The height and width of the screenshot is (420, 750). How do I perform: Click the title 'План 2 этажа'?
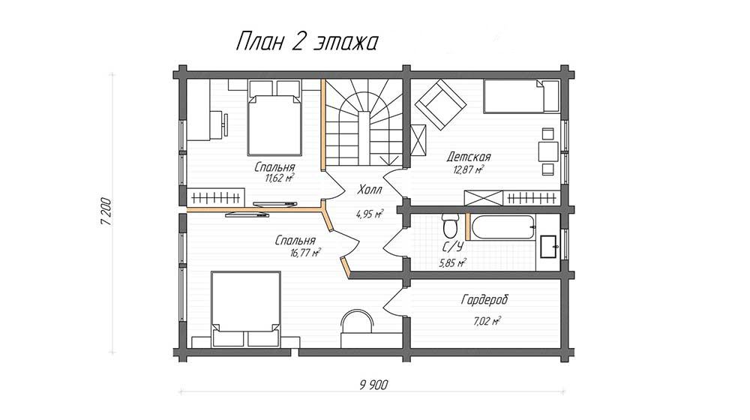[307, 42]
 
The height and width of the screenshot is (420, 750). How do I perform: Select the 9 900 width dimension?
[373, 385]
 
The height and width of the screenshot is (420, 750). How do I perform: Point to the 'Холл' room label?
[370, 190]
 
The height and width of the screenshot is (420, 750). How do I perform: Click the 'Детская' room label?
[469, 157]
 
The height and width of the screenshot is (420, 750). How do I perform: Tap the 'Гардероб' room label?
[484, 300]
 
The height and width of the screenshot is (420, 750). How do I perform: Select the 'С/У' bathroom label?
[452, 247]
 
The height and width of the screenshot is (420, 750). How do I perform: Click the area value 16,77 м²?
[305, 253]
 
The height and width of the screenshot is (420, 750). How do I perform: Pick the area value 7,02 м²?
[487, 321]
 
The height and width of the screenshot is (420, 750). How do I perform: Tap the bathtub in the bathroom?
[503, 228]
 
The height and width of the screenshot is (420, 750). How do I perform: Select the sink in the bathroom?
[549, 246]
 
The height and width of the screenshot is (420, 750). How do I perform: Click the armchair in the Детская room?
[440, 104]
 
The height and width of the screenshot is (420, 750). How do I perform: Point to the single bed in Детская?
[520, 96]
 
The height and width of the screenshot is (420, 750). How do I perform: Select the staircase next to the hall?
[364, 122]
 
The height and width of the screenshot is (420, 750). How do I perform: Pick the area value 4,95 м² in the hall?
[370, 214]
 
